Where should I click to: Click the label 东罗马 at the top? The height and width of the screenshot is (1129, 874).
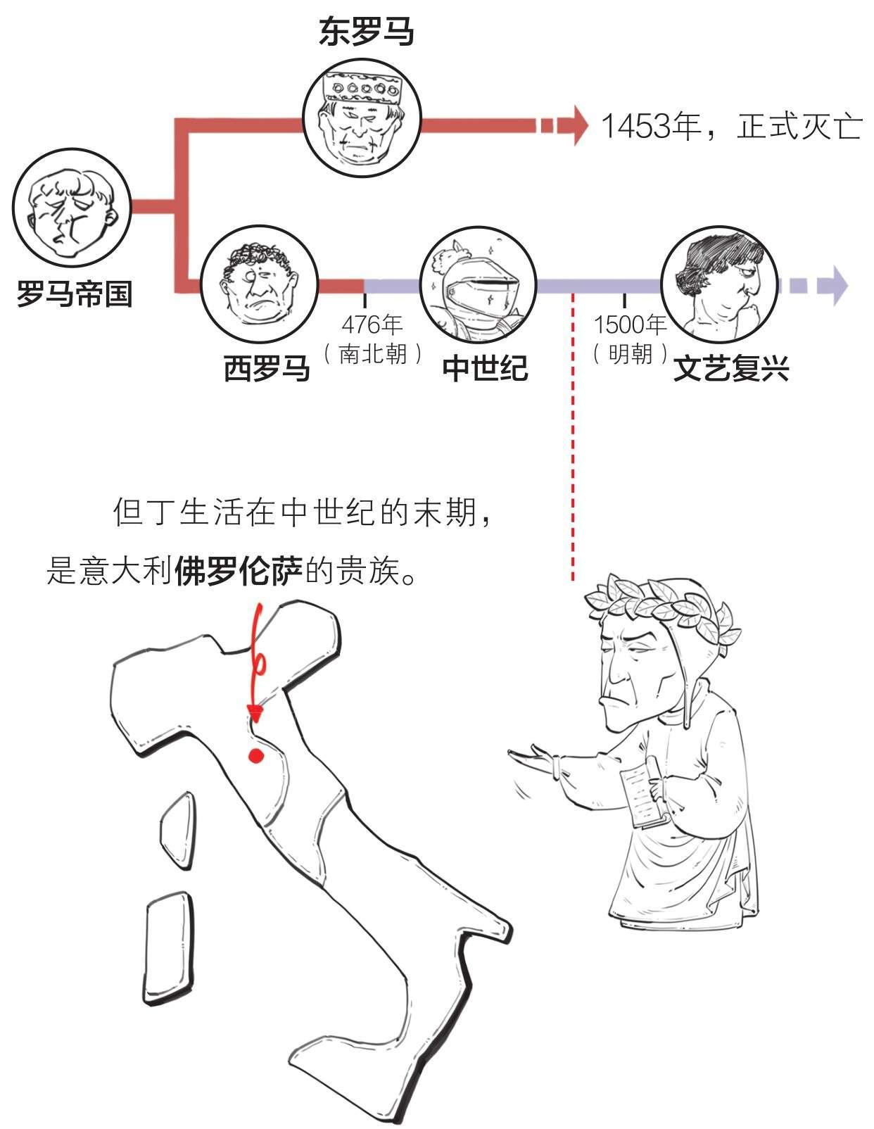[367, 32]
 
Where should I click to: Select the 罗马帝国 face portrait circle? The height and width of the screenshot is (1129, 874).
[72, 208]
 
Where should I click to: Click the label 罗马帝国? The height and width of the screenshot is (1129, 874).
[74, 293]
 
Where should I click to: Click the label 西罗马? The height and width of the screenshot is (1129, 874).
[267, 367]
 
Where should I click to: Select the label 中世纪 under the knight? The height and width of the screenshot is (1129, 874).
[485, 367]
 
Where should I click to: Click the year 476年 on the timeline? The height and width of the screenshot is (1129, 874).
[372, 324]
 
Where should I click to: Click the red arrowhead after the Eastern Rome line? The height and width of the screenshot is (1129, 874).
[580, 126]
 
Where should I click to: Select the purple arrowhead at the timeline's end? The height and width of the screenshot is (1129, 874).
[839, 286]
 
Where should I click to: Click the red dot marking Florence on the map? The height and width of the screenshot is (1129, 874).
[255, 756]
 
